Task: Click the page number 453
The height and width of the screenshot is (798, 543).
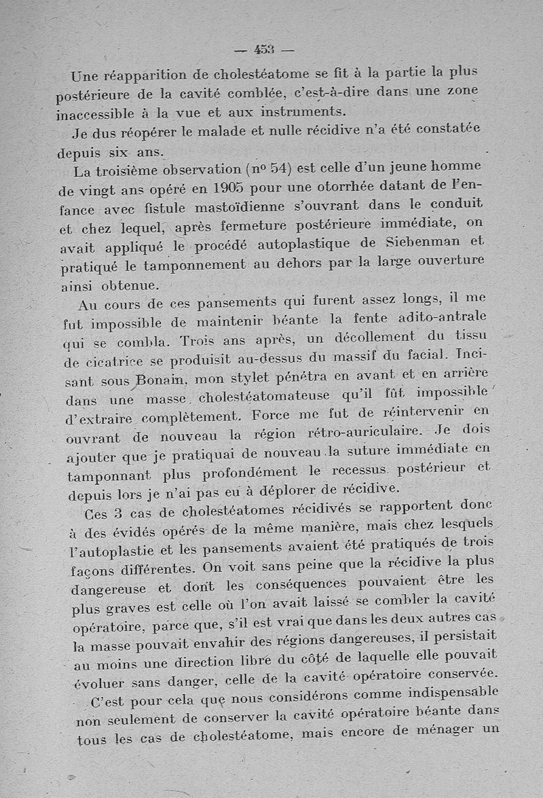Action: coord(264,49)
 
